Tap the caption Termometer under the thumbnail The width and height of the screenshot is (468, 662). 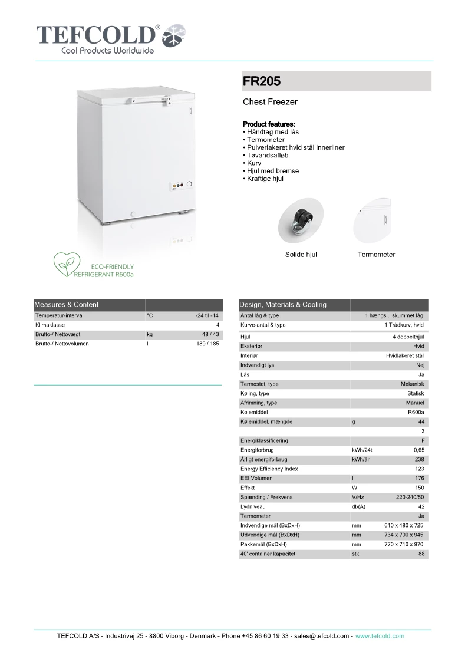[376, 255]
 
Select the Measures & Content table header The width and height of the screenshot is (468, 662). [67, 305]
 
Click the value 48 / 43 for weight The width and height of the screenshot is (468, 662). [210, 334]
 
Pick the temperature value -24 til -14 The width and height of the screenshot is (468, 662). [207, 316]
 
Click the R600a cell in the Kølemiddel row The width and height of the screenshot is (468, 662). [416, 413]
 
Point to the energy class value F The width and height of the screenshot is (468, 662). [423, 441]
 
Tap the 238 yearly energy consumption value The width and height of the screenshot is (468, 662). [419, 460]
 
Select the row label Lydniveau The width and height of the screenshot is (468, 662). [252, 507]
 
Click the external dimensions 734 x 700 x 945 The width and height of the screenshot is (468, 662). [404, 535]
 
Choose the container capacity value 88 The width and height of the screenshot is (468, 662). [421, 554]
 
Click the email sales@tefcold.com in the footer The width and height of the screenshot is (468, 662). [322, 637]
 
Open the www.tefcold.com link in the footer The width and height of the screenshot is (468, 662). [380, 637]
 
